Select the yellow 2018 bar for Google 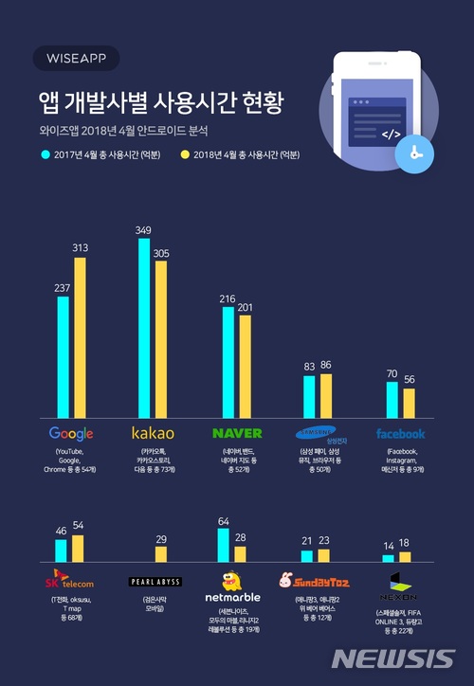(80, 336)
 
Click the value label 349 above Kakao (144, 230)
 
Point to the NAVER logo (236, 434)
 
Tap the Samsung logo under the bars (319, 435)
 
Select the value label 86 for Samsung (327, 365)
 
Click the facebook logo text (400, 434)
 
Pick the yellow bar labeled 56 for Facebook (410, 403)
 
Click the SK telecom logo (70, 580)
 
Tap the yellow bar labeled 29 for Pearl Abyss (160, 554)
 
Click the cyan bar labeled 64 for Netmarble (224, 545)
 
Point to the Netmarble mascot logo (233, 584)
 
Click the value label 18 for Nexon (405, 543)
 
